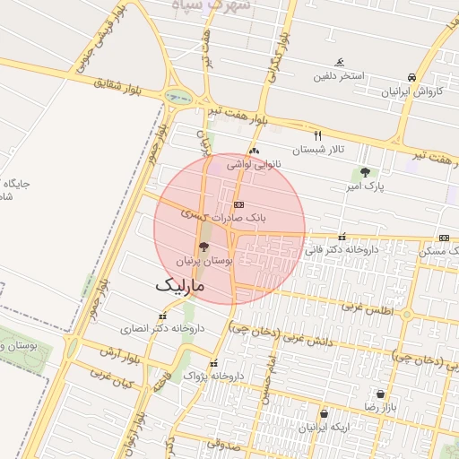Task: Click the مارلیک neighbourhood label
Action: tap(180, 285)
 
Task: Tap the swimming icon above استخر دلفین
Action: tap(339, 63)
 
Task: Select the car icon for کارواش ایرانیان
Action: tap(411, 78)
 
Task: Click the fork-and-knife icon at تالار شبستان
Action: tap(316, 135)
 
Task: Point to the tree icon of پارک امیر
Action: tap(364, 172)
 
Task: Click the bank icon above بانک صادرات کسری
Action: tap(238, 204)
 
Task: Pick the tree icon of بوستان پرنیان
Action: tap(203, 247)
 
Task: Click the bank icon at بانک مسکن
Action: tap(445, 238)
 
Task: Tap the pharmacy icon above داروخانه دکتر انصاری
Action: tap(162, 316)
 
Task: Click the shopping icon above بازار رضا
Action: tap(381, 394)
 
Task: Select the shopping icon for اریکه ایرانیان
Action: tap(323, 414)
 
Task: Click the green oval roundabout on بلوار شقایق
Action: tap(178, 97)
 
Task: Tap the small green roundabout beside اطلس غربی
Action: tap(406, 315)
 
